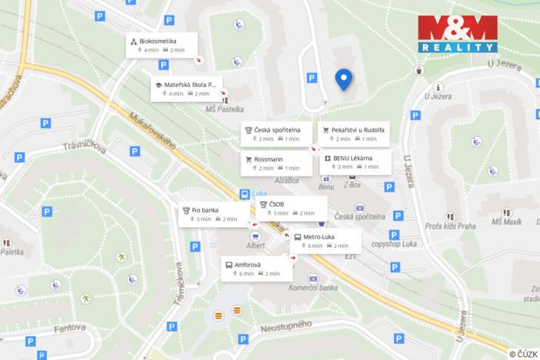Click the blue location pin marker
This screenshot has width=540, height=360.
[344, 78]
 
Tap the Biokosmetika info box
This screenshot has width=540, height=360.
[162, 45]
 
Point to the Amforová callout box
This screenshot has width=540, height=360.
[255, 268]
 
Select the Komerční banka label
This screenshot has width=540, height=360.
[313, 288]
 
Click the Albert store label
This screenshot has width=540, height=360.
[255, 245]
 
